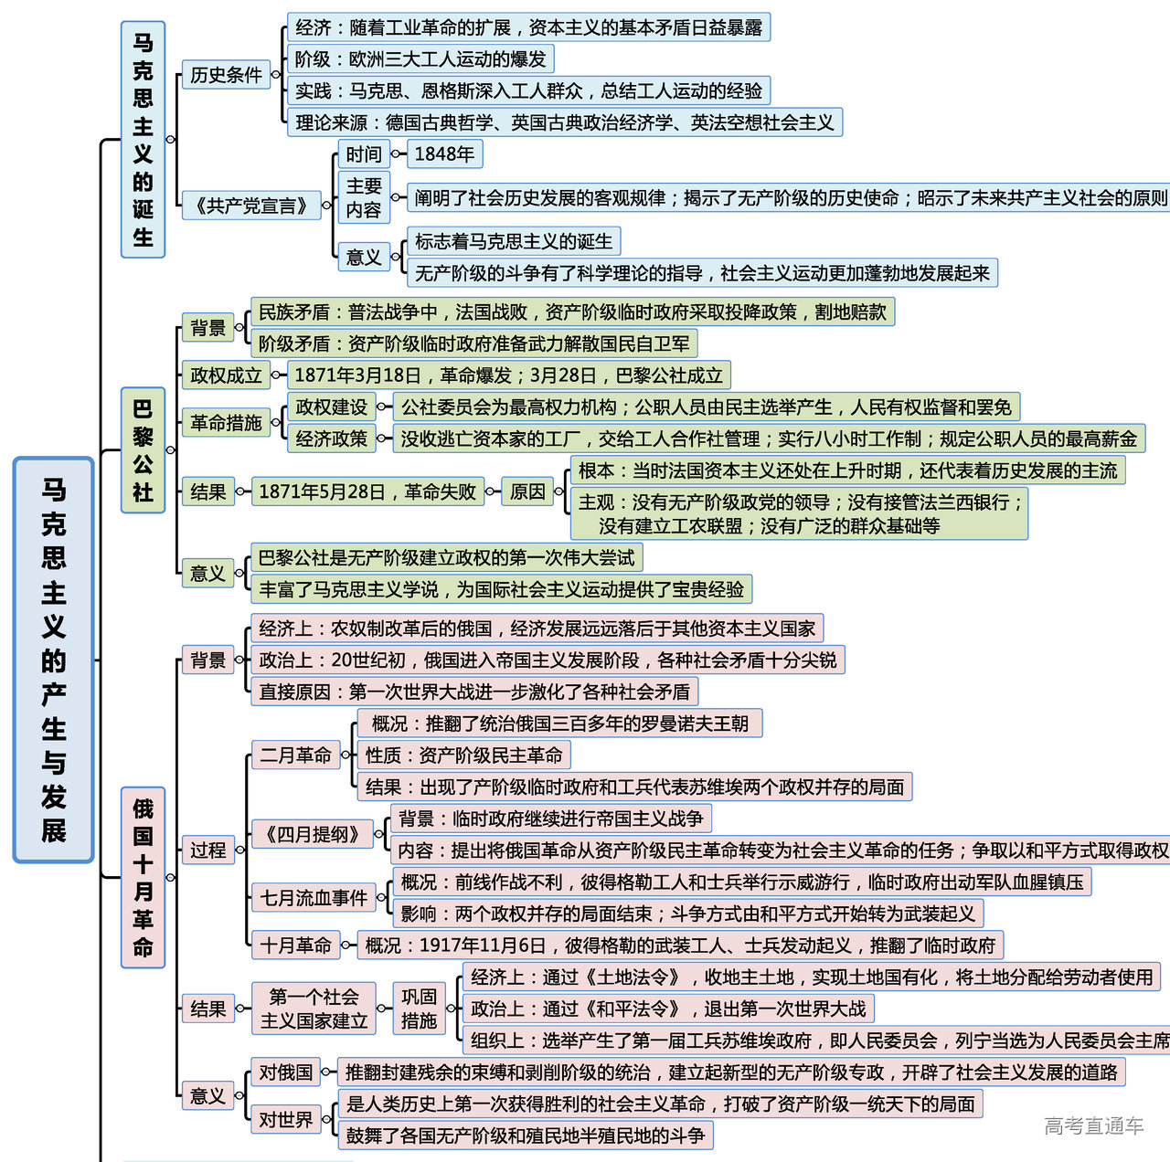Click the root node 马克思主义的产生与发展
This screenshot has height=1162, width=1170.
coord(54,660)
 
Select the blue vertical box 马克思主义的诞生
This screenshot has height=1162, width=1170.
coord(143,140)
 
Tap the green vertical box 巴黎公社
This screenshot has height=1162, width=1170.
coord(143,449)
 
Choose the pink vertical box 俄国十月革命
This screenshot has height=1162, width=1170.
coord(143,877)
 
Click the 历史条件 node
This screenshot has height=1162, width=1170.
coord(226,75)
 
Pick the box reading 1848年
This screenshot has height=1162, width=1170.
coord(444,153)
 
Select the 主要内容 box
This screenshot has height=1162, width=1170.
coord(364,197)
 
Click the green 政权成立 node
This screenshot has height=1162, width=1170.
coord(226,375)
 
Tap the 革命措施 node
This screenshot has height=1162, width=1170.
coord(226,423)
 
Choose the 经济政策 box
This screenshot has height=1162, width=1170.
coord(331,438)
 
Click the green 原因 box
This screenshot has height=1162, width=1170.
coord(527,491)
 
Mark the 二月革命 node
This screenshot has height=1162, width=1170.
coord(295,755)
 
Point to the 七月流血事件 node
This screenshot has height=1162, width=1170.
coord(314,898)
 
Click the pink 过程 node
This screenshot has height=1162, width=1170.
coord(207,850)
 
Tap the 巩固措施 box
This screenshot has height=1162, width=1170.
coord(419,1009)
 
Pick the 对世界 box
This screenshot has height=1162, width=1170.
coord(285,1119)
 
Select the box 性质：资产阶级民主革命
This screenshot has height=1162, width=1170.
coord(464,755)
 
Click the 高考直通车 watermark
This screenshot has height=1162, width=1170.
coord(1093,1125)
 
